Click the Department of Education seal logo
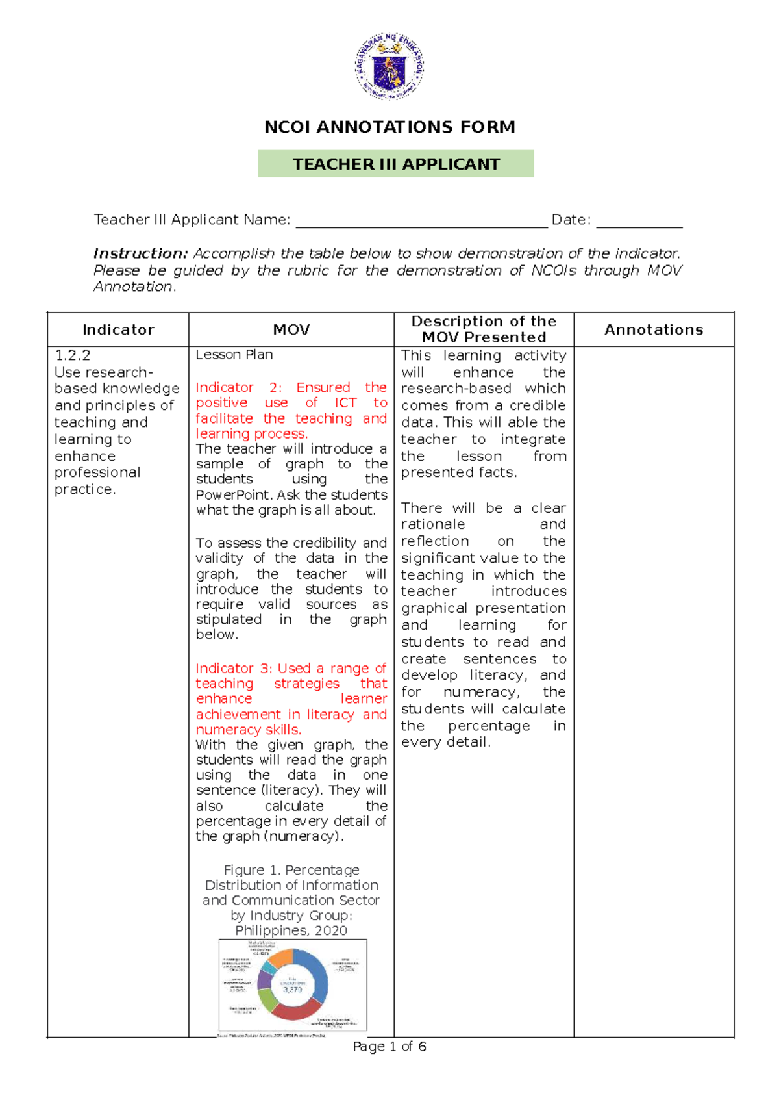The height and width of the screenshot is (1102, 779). (x=389, y=66)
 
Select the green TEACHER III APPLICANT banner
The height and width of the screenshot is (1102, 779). (x=395, y=164)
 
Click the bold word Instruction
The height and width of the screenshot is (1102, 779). (x=140, y=253)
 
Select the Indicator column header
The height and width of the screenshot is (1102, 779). (x=118, y=329)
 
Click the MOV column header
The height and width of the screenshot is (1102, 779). (x=291, y=329)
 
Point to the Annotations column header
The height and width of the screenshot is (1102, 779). (x=653, y=329)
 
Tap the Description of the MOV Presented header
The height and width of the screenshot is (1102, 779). (x=484, y=329)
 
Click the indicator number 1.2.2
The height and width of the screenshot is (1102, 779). (x=73, y=355)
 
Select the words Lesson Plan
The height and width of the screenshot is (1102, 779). (x=234, y=355)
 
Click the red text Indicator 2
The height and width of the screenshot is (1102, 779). (x=238, y=388)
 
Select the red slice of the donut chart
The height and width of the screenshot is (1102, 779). (x=295, y=1010)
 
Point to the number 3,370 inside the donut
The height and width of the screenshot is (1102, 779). (x=292, y=990)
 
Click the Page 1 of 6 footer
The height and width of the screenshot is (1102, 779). (x=389, y=1047)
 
